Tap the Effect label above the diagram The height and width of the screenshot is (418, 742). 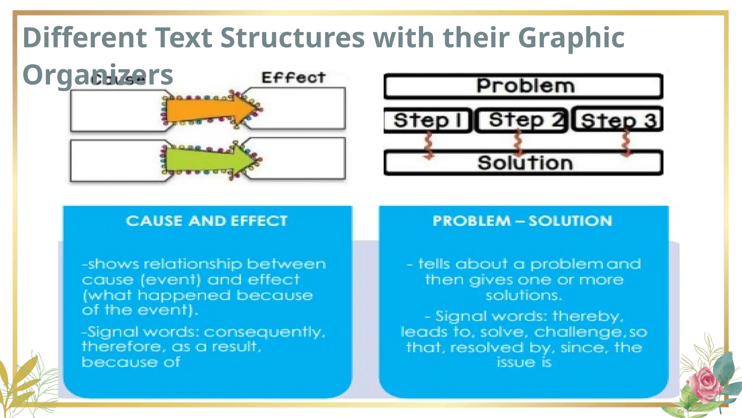293,78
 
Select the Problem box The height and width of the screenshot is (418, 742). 524,86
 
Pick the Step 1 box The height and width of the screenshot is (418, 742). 428,120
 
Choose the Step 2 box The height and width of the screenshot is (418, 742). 522,120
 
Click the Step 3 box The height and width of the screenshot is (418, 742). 618,120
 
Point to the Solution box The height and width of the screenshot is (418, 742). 524,163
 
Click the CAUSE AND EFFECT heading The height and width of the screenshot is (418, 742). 207,221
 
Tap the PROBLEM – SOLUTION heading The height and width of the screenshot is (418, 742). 522,221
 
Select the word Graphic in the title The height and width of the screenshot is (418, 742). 571,38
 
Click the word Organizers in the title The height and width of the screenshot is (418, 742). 98,75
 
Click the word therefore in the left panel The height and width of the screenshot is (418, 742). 121,347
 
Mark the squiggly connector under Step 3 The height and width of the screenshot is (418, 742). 626,143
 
